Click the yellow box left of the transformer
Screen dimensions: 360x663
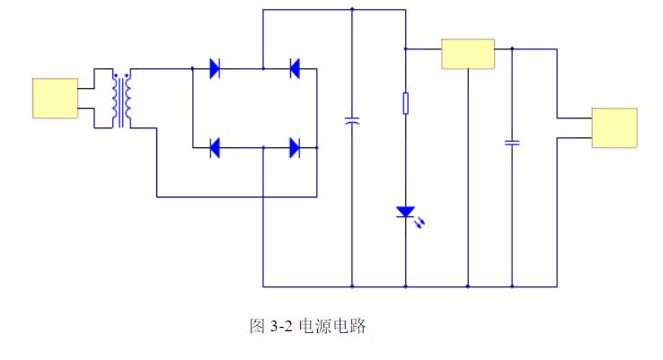(x=55, y=98)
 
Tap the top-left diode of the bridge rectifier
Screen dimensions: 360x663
(x=216, y=68)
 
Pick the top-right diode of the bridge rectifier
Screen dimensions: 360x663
(x=294, y=68)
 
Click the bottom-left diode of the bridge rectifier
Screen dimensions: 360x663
(x=216, y=147)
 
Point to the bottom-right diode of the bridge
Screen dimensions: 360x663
(x=294, y=147)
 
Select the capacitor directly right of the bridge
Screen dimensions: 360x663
(x=352, y=119)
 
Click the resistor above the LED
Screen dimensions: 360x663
(x=406, y=103)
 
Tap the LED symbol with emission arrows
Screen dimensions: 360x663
(x=406, y=214)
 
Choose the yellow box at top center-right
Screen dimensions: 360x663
(x=468, y=54)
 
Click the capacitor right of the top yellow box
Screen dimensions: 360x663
(x=512, y=142)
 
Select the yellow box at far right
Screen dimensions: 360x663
(x=614, y=127)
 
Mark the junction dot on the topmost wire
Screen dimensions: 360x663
(x=352, y=10)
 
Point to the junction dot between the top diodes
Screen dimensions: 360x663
(x=263, y=68)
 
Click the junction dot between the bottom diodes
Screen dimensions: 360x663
(x=263, y=147)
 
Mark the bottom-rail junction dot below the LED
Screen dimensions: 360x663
(x=406, y=287)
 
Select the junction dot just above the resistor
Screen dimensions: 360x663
(x=406, y=48)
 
